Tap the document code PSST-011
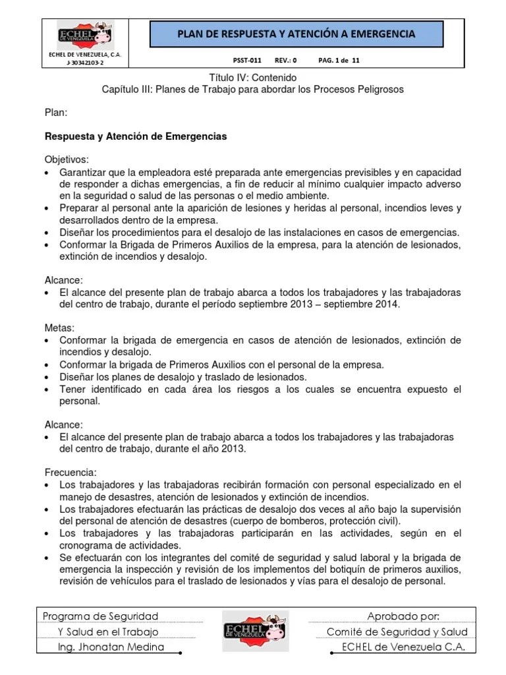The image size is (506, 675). coord(248,60)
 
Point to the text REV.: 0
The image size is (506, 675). coord(285,60)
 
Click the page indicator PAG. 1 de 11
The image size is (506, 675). coord(339,60)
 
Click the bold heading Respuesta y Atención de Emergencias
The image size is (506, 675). coord(135,136)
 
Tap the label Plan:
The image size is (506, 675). coord(55,113)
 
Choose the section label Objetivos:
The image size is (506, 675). coord(66,160)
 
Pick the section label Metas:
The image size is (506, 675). coord(59,328)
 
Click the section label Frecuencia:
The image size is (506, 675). coord(70,473)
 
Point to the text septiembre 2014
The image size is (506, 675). coord(362,305)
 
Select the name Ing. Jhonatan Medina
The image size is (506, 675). coord(111,647)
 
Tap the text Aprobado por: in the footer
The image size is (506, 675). coord(403,616)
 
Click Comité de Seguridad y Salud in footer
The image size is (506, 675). coord(397,631)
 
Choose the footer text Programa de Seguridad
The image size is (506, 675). coord(100,616)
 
